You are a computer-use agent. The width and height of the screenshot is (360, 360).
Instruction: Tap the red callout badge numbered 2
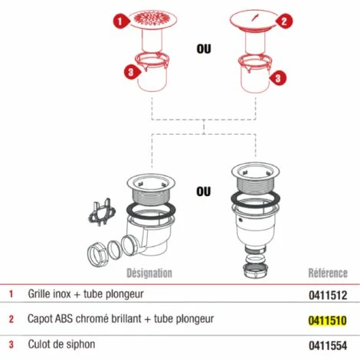284,21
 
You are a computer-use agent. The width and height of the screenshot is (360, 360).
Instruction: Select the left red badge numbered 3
132,72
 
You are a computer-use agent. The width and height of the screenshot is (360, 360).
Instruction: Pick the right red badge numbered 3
278,78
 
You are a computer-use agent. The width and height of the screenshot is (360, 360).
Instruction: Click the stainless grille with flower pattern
152,18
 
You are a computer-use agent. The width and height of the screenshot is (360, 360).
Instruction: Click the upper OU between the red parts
204,49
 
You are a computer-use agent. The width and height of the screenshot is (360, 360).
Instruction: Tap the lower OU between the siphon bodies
204,191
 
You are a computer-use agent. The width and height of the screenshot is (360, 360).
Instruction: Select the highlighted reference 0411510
328,321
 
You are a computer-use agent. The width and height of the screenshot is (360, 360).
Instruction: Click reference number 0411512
328,296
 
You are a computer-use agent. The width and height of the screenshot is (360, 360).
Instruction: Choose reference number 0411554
328,345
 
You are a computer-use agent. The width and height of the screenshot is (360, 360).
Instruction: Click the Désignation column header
149,273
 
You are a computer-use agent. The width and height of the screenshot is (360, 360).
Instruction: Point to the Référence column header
328,273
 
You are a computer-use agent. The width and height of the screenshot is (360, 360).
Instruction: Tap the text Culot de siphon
61,344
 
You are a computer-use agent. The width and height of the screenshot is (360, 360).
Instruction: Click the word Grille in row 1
38,294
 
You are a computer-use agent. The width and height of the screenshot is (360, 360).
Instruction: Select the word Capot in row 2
40,319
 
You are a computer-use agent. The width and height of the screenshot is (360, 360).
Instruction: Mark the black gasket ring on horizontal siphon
151,210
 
